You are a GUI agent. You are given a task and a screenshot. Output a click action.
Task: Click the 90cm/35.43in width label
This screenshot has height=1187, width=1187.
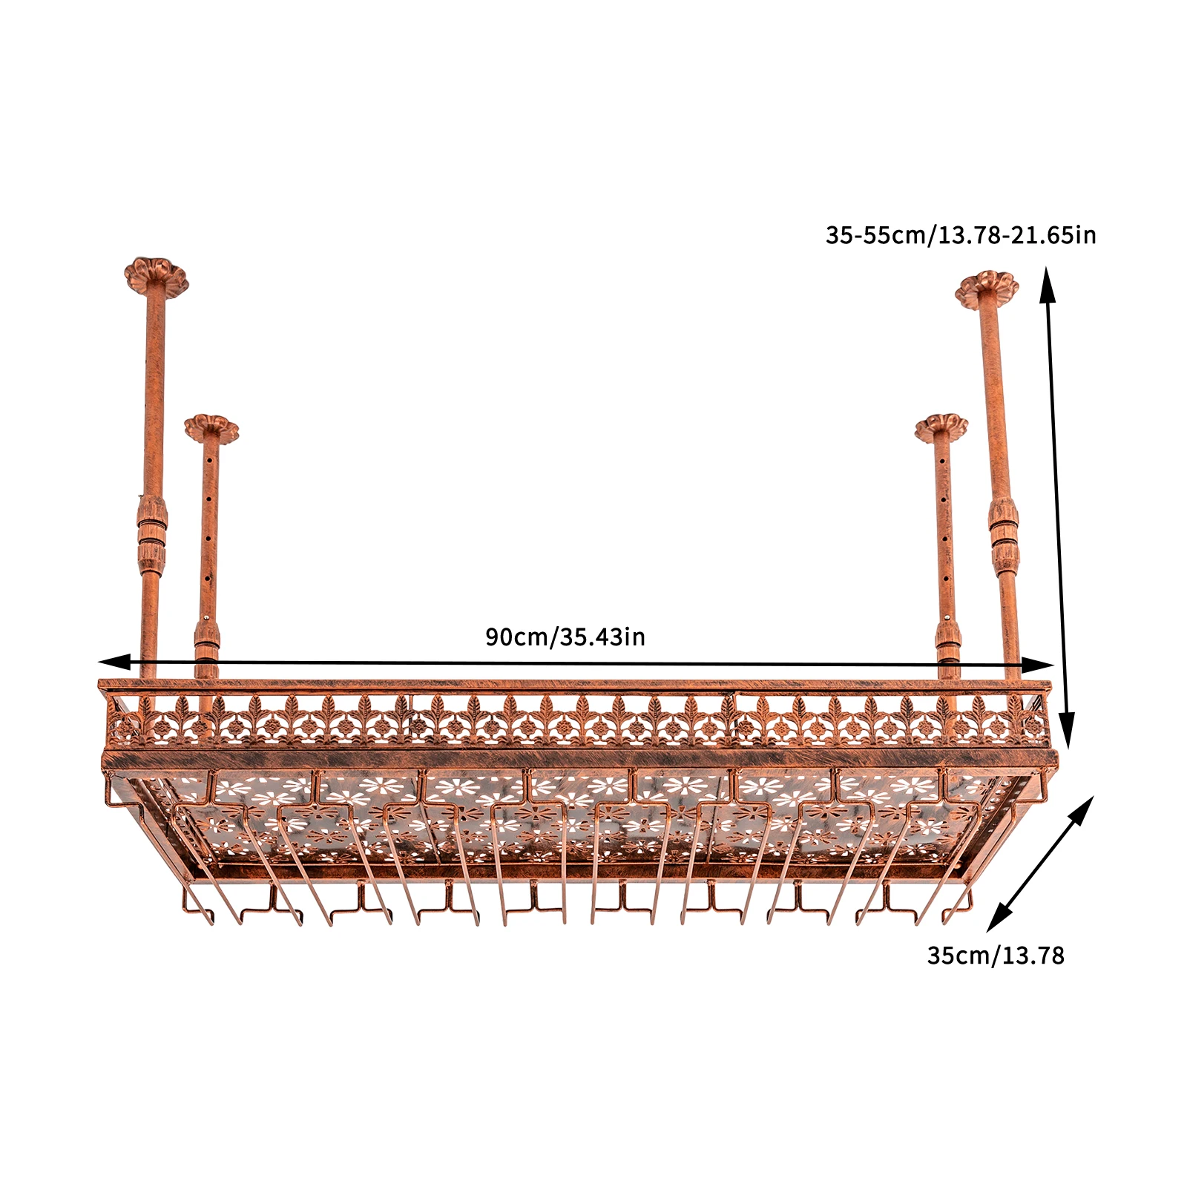(x=565, y=637)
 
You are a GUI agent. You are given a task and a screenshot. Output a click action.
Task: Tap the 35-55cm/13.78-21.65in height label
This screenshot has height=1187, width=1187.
(x=960, y=235)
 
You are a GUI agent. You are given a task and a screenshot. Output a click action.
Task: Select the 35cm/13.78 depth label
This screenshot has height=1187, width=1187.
(x=995, y=956)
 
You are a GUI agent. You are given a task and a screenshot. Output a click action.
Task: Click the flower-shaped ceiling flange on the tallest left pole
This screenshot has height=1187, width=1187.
(x=156, y=275)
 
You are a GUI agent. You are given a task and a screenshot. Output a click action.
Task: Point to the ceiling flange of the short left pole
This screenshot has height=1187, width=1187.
(x=211, y=428)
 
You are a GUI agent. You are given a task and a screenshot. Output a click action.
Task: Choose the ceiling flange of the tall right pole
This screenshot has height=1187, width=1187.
(x=987, y=289)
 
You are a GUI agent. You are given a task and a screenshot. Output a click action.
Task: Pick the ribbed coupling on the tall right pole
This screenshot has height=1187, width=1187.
(x=1004, y=536)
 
